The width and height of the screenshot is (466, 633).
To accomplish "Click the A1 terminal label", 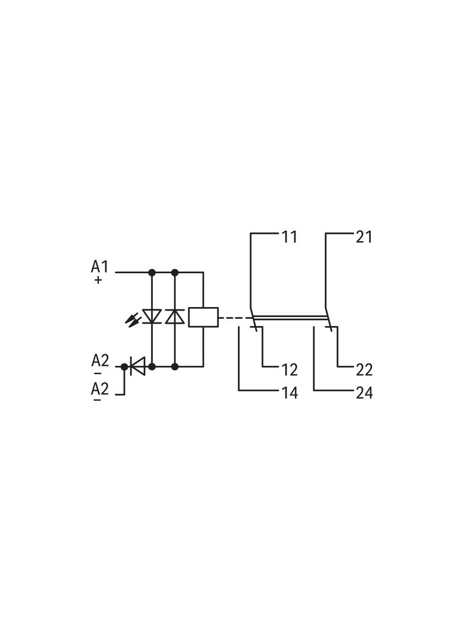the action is point(99,267).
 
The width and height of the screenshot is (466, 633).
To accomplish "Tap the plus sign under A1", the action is point(98,280).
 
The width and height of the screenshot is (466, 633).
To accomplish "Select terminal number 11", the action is point(289,237).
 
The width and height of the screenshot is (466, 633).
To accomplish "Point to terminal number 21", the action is point(364,237).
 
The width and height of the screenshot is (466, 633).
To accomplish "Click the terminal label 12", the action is point(289,370).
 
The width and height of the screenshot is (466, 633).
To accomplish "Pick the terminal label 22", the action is point(364,370).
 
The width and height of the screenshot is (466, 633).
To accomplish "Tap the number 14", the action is point(289,393).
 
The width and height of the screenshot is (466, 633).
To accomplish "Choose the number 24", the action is point(364,393).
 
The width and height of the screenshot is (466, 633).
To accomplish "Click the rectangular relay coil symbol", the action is point(203,317).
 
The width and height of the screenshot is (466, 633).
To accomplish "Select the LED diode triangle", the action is point(152,316).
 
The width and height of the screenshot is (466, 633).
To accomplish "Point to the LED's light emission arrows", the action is point(133,319).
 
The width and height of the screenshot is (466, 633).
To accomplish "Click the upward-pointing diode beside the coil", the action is point(175,316).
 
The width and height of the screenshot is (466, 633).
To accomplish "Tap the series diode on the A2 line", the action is point(137,366).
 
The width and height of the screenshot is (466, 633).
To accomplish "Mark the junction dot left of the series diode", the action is point(124,366).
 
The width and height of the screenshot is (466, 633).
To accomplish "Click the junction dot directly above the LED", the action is point(152,273).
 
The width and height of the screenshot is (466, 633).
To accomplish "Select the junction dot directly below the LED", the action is point(152,366).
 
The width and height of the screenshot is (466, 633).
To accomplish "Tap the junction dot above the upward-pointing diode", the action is point(175,273).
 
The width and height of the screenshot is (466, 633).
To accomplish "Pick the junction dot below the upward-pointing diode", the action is point(175,366).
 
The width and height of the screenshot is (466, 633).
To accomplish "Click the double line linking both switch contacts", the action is point(290,318).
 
